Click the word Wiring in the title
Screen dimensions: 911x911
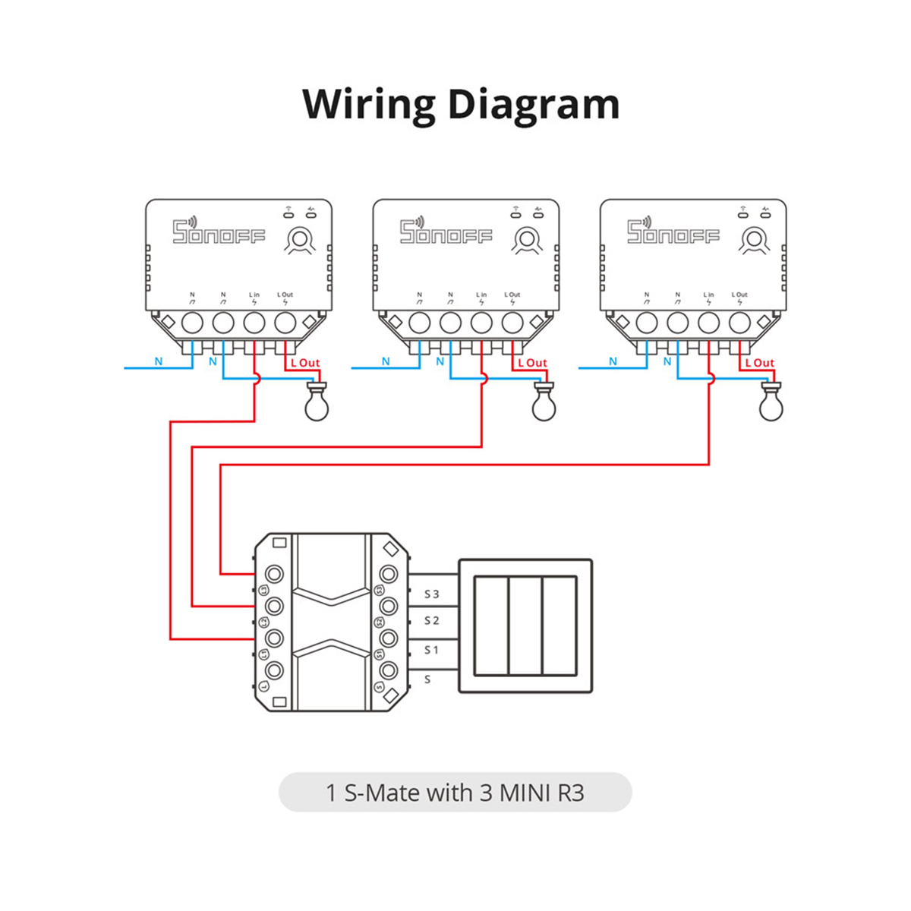(x=369, y=105)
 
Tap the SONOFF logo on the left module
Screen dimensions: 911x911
(x=219, y=232)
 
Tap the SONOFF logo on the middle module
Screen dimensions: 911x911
(x=446, y=232)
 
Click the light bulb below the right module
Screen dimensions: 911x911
(x=771, y=403)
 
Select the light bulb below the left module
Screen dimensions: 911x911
(x=317, y=403)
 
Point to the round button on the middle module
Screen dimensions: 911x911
(x=526, y=239)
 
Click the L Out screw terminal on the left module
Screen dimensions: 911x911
(x=285, y=323)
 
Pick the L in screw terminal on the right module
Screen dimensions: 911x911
(x=708, y=323)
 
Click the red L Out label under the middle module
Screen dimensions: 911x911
(x=532, y=363)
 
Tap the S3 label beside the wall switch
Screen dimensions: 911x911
(x=431, y=594)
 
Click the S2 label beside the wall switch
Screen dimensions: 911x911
(x=431, y=621)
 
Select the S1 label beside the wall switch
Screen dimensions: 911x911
(x=431, y=650)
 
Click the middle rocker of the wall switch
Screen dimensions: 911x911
(x=525, y=626)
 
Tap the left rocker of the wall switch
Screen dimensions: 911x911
(x=491, y=626)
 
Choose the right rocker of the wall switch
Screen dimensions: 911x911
(x=560, y=626)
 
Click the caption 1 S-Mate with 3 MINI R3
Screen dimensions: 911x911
(x=455, y=793)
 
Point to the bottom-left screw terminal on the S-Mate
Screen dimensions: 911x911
(x=274, y=670)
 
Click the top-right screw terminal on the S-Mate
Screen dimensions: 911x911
(x=389, y=573)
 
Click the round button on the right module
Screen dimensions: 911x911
(x=753, y=239)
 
